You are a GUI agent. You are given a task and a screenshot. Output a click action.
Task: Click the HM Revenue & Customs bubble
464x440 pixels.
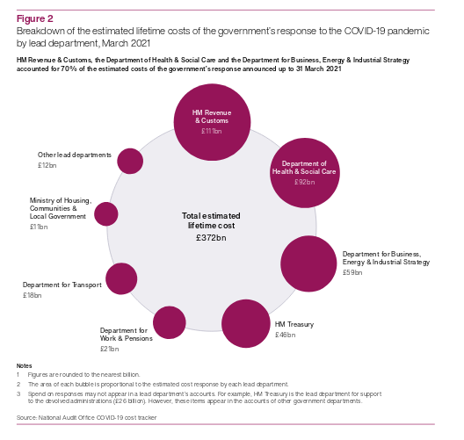pyautogui.click(x=212, y=122)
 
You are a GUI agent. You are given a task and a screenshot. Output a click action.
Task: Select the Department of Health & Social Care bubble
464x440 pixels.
pyautogui.click(x=305, y=173)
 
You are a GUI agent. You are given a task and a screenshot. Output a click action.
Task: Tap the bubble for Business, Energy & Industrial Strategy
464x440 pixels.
pyautogui.click(x=308, y=263)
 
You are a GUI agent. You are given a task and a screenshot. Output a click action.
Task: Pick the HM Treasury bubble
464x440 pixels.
pyautogui.click(x=246, y=323)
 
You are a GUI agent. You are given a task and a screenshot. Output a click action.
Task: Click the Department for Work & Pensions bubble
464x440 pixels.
pyautogui.click(x=170, y=322)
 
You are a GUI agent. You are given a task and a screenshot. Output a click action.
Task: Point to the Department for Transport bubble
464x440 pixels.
pyautogui.click(x=121, y=278)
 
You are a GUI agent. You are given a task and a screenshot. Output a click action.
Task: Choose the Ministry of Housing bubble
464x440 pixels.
pyautogui.click(x=106, y=213)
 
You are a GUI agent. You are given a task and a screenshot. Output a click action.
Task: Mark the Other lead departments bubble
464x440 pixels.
pyautogui.click(x=130, y=161)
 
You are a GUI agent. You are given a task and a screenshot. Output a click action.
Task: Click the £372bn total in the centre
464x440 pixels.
pyautogui.click(x=211, y=238)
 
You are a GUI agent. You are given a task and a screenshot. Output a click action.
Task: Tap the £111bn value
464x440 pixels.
pyautogui.click(x=211, y=131)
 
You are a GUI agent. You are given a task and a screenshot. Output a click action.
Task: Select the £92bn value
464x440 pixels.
pyautogui.click(x=304, y=182)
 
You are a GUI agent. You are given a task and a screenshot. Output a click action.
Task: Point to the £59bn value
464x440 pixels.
pyautogui.click(x=352, y=272)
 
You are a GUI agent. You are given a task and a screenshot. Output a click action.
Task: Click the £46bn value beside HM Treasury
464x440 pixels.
pyautogui.click(x=286, y=335)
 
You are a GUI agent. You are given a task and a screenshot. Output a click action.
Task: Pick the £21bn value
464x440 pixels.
pyautogui.click(x=110, y=349)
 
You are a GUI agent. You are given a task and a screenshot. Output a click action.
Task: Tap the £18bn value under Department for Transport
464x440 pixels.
pyautogui.click(x=33, y=295)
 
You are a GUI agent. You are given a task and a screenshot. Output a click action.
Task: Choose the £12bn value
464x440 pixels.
pyautogui.click(x=47, y=165)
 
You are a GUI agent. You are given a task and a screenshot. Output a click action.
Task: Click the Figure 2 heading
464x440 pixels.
pyautogui.click(x=35, y=18)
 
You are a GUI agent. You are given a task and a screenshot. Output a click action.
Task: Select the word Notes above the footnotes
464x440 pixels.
pyautogui.click(x=25, y=365)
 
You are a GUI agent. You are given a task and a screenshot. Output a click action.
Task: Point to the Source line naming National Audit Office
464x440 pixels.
pyautogui.click(x=86, y=417)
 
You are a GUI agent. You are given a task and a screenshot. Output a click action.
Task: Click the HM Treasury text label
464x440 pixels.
pyautogui.click(x=294, y=324)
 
